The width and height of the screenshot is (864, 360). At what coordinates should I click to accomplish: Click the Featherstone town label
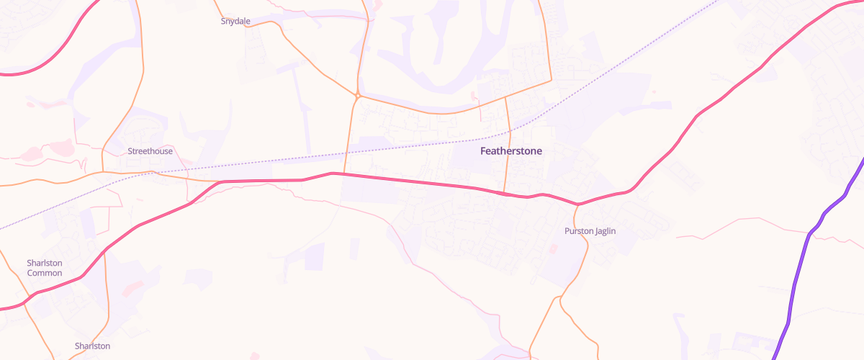[x=510, y=151]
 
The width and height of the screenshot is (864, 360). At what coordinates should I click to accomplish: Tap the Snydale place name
[x=235, y=22]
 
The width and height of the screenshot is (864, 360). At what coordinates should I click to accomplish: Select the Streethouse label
[x=150, y=151]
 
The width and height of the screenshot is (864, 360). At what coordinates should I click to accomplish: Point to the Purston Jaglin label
[x=590, y=231]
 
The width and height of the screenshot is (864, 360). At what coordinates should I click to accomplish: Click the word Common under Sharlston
[x=45, y=273]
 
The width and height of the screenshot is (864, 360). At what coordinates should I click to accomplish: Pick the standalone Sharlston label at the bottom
[x=92, y=346]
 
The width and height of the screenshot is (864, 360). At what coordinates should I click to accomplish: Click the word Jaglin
[x=604, y=231]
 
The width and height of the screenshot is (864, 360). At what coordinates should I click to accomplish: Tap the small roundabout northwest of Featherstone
[x=357, y=94]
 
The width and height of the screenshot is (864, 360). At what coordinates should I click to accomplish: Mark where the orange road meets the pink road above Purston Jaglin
[x=577, y=204]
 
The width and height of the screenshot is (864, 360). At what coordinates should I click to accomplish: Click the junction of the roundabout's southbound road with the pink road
[x=345, y=174]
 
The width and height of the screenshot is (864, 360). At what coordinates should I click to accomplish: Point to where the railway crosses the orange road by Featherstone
[x=509, y=132]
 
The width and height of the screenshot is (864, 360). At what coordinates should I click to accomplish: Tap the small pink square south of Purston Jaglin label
[x=553, y=248]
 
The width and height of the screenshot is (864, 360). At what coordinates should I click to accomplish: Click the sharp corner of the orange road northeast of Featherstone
[x=551, y=80]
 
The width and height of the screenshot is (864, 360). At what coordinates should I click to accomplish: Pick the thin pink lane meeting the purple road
[x=810, y=232]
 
